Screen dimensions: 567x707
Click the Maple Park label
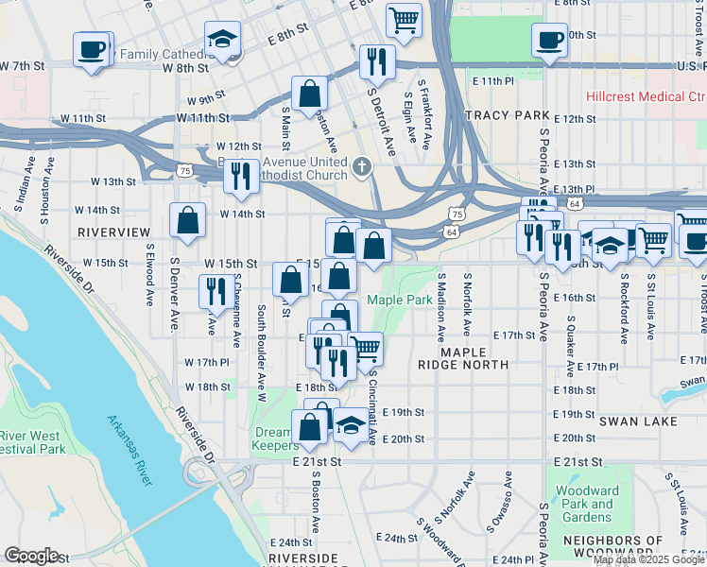click(x=399, y=300)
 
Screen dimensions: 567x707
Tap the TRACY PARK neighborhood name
click(x=507, y=115)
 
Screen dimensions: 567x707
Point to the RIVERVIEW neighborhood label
click(x=113, y=232)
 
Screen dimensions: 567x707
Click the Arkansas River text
click(x=129, y=450)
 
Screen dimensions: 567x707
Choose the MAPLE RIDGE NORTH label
click(x=474, y=357)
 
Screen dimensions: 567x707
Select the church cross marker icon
click(x=360, y=168)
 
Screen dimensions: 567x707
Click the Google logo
click(x=31, y=556)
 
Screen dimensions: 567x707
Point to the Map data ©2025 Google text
click(x=648, y=559)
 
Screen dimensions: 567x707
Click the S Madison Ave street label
click(x=440, y=307)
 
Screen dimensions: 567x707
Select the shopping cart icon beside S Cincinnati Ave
click(x=365, y=348)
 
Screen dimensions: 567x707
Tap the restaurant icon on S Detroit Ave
click(x=377, y=61)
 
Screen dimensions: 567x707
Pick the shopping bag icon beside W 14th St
click(x=188, y=219)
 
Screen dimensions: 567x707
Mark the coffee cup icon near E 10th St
click(x=549, y=40)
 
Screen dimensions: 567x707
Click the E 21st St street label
click(x=315, y=461)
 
